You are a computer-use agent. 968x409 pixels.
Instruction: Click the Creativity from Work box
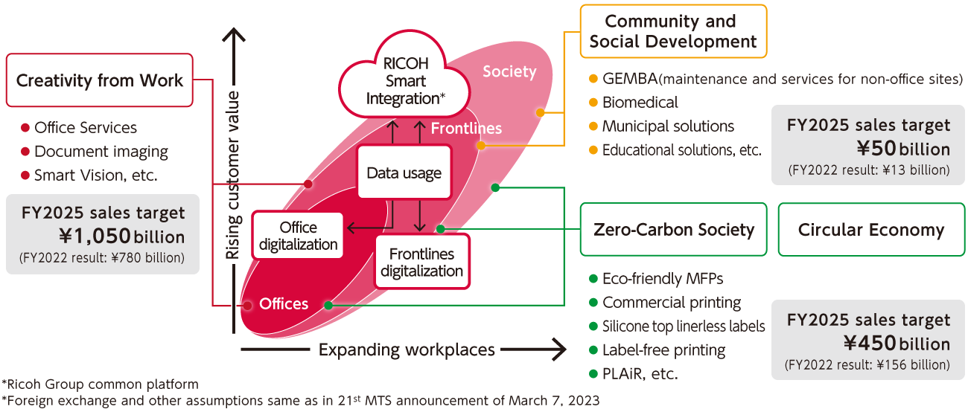(x=99, y=80)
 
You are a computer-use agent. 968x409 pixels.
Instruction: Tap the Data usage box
(x=404, y=173)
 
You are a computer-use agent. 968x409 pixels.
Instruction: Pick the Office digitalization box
(x=298, y=236)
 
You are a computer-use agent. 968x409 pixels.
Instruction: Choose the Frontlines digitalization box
(x=421, y=263)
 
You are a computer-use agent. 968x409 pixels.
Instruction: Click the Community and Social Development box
(x=672, y=31)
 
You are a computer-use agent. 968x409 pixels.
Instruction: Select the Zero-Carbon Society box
(x=673, y=230)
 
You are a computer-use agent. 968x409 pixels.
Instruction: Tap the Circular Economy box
(x=870, y=230)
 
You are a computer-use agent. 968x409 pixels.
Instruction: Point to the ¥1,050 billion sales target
(x=121, y=236)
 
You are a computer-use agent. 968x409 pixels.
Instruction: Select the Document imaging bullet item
(x=101, y=152)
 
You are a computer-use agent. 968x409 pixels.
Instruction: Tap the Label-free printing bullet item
(x=663, y=350)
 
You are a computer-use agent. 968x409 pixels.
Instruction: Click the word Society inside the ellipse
(x=509, y=71)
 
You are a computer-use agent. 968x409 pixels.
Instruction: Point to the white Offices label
(x=284, y=304)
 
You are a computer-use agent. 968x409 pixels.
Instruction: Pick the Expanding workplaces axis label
(x=406, y=350)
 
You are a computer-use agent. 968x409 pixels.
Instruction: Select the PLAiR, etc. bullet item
(x=639, y=373)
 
